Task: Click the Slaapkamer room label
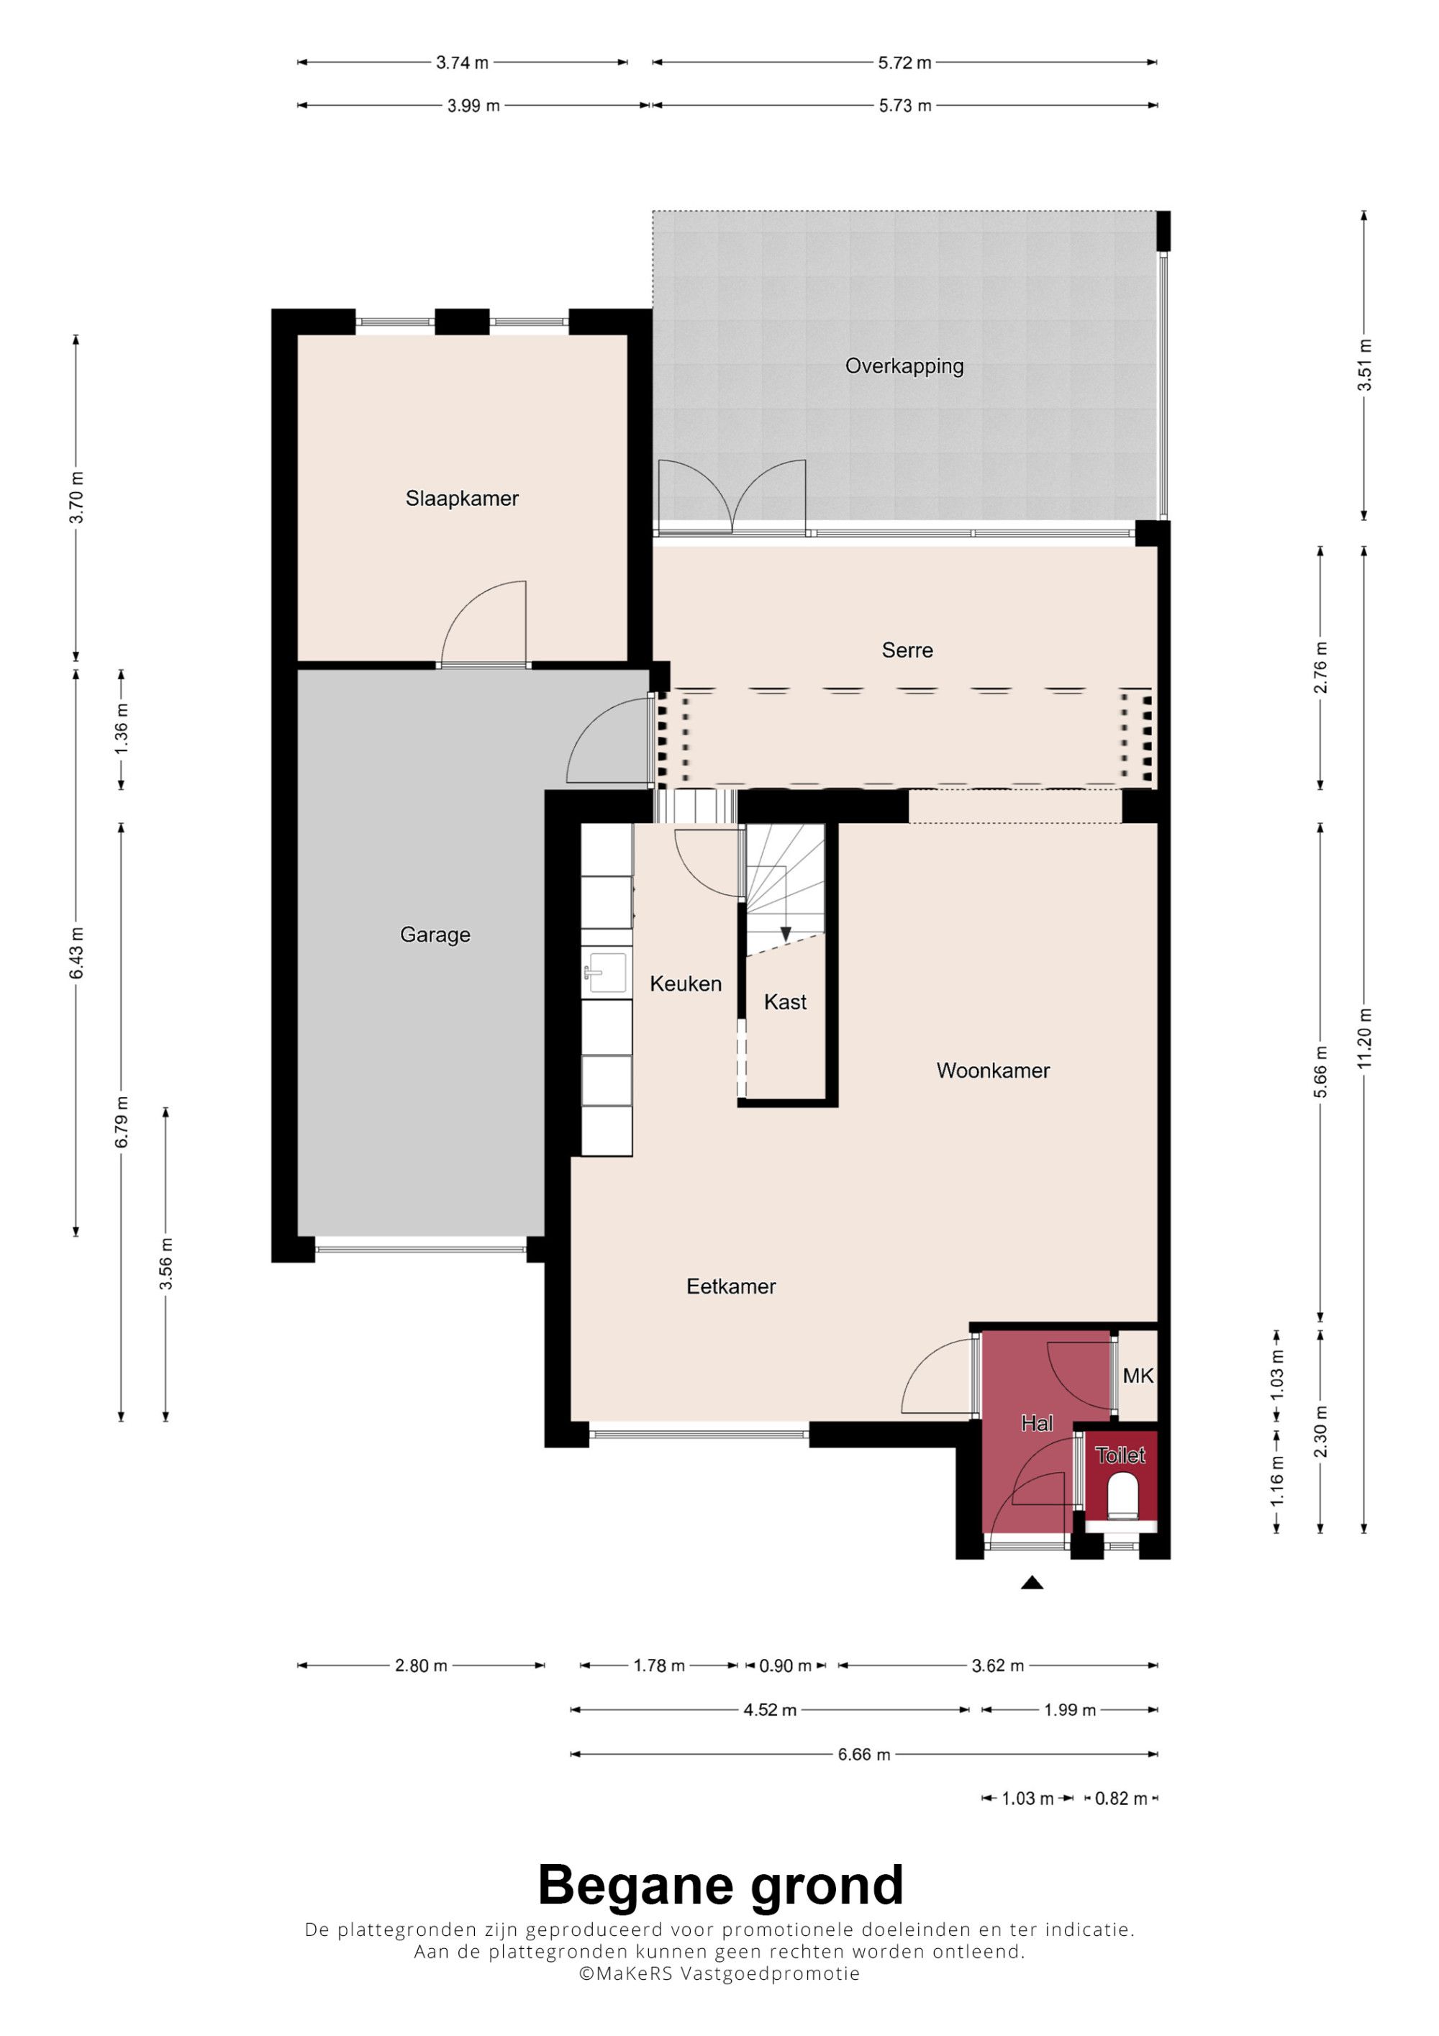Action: (x=462, y=499)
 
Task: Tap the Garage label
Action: (x=435, y=935)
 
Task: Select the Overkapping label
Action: (x=904, y=366)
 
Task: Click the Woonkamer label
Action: (x=993, y=1071)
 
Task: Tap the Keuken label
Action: (x=686, y=983)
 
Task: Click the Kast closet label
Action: (x=786, y=1002)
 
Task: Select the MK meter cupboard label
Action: (x=1138, y=1376)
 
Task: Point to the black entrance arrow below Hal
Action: (x=1032, y=1583)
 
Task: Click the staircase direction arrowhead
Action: (x=786, y=934)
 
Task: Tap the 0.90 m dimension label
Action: (x=786, y=1666)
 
